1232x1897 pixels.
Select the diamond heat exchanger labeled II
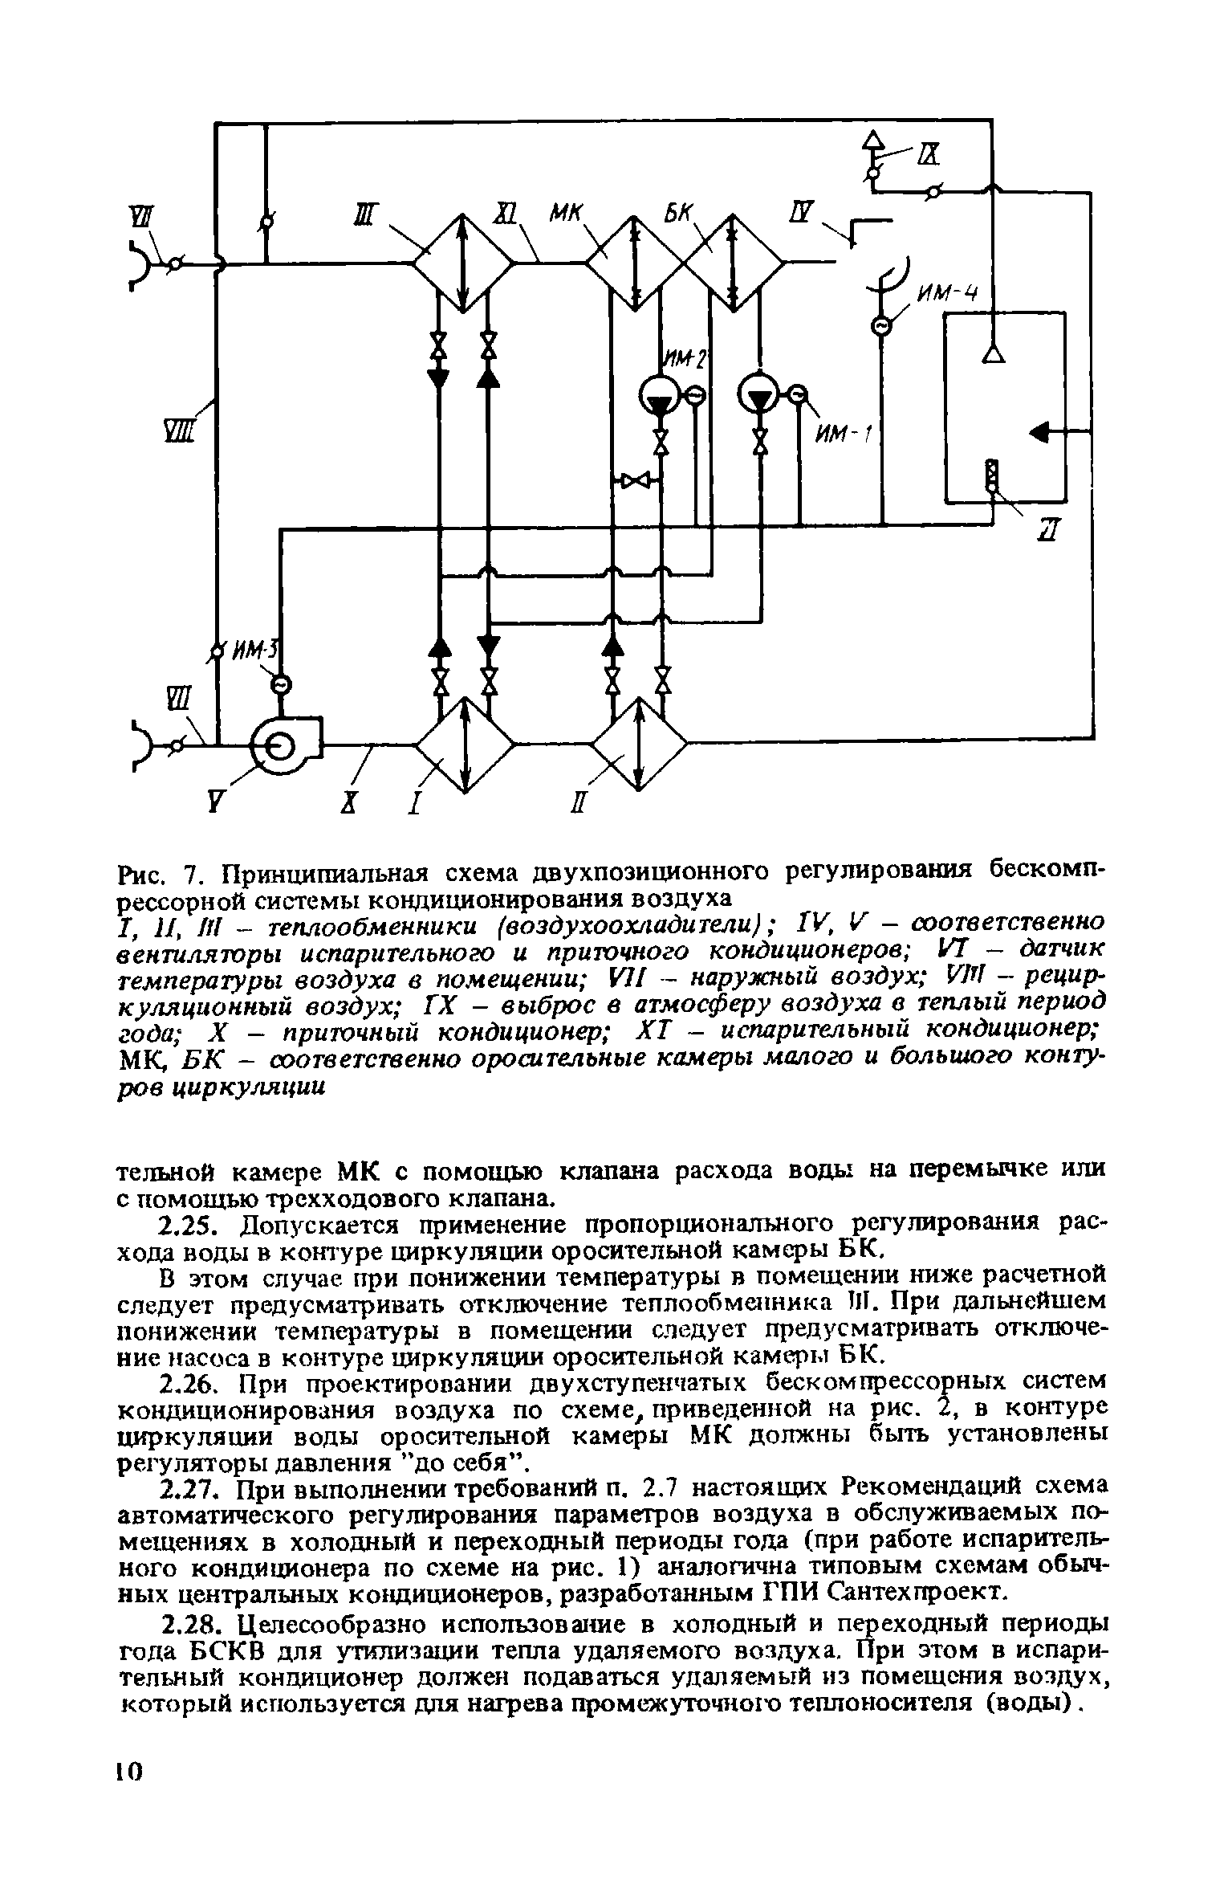coord(640,745)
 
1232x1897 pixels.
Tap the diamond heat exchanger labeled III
coord(464,262)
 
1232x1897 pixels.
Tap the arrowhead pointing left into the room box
coord(1040,433)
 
